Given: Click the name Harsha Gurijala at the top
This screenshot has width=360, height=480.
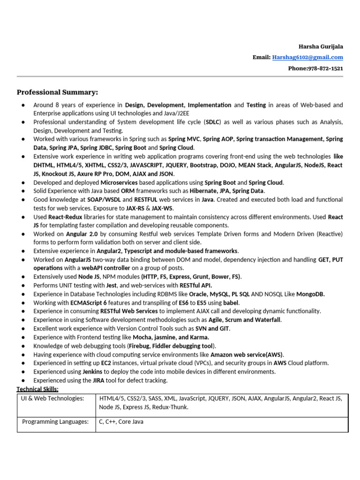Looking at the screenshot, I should pyautogui.click(x=321, y=46).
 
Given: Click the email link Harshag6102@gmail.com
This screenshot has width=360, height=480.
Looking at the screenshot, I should pyautogui.click(x=307, y=57).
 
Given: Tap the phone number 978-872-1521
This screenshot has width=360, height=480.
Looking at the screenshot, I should pyautogui.click(x=325, y=68).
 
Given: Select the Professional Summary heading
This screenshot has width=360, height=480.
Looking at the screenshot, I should pyautogui.click(x=58, y=92).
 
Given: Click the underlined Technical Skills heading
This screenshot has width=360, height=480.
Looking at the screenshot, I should pyautogui.click(x=38, y=389).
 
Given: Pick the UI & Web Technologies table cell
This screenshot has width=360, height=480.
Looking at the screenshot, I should pyautogui.click(x=52, y=398).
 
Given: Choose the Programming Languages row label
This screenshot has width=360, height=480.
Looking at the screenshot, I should pyautogui.click(x=55, y=422).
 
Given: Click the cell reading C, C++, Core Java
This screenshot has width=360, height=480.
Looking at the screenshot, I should pyautogui.click(x=121, y=422).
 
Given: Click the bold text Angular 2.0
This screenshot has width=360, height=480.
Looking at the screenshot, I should pyautogui.click(x=82, y=233).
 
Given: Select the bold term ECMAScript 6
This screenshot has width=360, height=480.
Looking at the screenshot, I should pyautogui.click(x=88, y=302).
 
